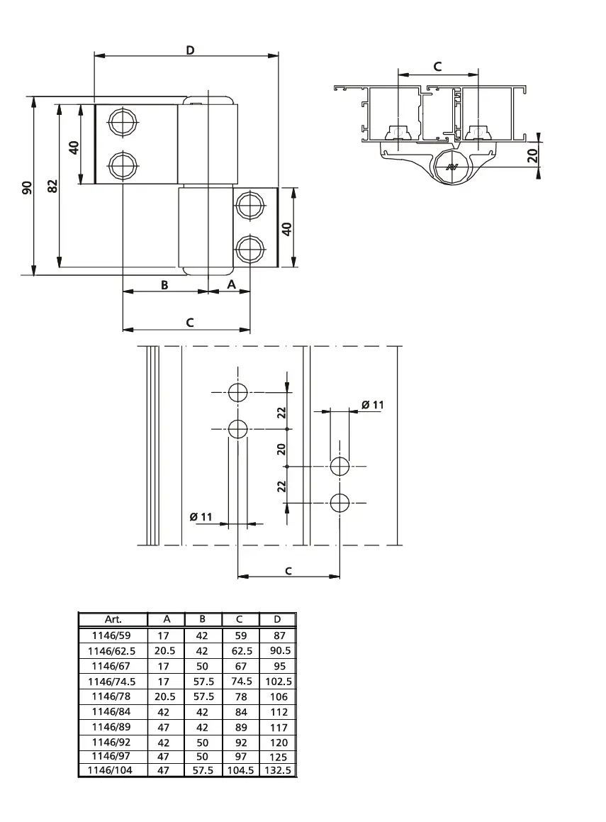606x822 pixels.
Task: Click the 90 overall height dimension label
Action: tap(27, 187)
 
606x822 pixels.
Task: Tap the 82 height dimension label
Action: tap(52, 186)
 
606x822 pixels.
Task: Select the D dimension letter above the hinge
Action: tap(190, 50)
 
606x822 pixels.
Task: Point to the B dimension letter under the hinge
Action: tap(164, 284)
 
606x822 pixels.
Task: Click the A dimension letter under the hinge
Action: tap(231, 284)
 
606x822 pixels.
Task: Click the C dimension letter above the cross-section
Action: tap(437, 67)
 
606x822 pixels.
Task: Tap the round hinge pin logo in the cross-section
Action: tap(451, 167)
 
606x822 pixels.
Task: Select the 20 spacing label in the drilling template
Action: tap(281, 448)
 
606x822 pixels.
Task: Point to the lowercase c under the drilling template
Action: tap(288, 570)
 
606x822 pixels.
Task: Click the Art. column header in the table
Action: tap(113, 619)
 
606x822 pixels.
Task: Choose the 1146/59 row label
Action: tap(113, 636)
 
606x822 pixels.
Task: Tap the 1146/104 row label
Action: tap(113, 770)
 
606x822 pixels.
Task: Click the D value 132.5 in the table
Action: tap(278, 770)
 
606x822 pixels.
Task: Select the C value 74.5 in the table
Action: tap(240, 681)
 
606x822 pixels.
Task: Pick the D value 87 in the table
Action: tap(278, 636)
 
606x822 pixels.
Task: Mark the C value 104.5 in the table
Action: tap(240, 770)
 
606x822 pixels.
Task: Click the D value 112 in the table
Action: tap(278, 711)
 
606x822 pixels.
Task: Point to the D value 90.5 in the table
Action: tap(278, 651)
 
